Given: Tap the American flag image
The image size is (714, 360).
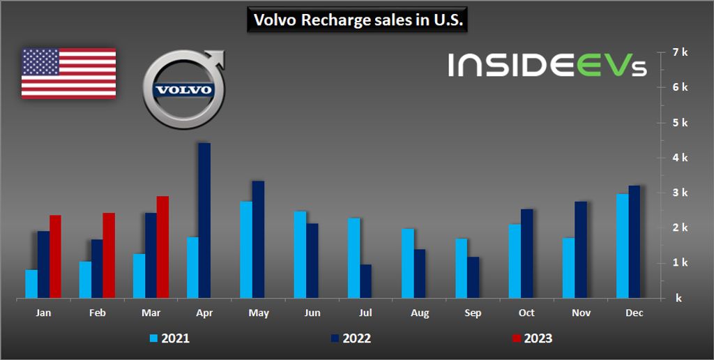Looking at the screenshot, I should point(68,73).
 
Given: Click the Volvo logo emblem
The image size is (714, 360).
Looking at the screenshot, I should point(183,90).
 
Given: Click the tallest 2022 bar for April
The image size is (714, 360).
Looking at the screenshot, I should point(204,220).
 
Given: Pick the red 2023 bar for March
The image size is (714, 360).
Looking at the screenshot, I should point(162,247).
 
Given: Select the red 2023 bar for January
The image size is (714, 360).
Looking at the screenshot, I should point(55,257).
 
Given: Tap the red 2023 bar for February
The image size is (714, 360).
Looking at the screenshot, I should point(109,255).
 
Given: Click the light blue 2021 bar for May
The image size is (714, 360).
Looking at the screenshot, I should point(246,250).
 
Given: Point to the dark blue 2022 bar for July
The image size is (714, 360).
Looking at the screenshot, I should point(366,281).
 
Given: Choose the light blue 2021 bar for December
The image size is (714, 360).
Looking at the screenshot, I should point(622,246).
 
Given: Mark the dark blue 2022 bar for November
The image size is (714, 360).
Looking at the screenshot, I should point(581,250).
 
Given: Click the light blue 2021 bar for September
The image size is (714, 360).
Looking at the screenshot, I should point(462,269).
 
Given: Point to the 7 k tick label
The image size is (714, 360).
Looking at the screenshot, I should point(679,52).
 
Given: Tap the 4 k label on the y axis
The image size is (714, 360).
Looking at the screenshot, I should point(679,158).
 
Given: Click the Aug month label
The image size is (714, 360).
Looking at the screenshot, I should point(420,314).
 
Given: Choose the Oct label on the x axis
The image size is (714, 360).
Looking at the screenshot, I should point(527,314).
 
